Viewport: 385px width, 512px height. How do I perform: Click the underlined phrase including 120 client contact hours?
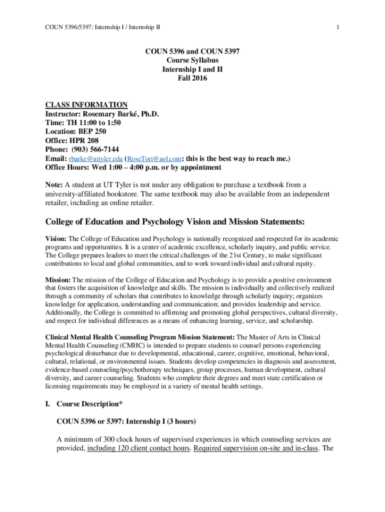tap(138, 448)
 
